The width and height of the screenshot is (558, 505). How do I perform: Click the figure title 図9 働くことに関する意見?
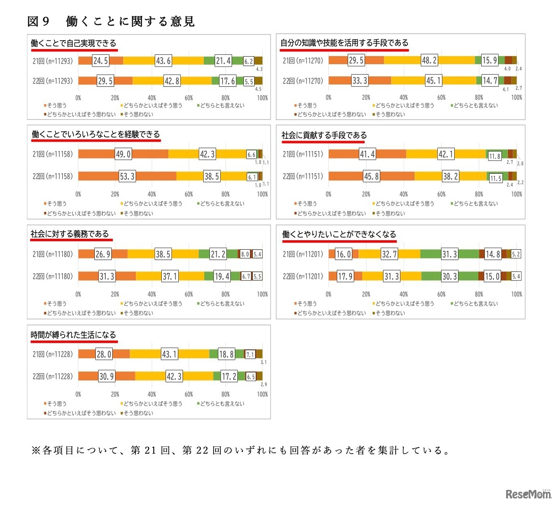[111, 21]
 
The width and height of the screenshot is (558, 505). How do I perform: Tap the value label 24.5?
[100, 61]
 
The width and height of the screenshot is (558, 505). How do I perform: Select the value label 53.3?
[127, 177]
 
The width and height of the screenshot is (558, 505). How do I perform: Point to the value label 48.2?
[429, 60]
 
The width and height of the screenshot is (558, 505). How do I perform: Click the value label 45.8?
[371, 177]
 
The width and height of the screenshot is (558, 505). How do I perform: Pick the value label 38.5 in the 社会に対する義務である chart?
[163, 254]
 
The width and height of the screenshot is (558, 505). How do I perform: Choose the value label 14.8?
[492, 254]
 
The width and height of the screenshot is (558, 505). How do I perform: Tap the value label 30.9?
[106, 377]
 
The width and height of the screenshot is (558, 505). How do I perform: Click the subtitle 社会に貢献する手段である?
[324, 135]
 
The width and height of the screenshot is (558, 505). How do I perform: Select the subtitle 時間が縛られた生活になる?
[73, 335]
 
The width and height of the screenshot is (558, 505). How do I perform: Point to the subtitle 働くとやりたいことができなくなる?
[339, 235]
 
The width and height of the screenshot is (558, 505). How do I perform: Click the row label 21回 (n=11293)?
[52, 61]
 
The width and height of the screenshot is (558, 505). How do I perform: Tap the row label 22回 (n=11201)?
[303, 277]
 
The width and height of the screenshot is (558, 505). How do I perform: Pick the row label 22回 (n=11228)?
[52, 377]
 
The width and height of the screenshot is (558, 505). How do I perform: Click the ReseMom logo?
[529, 494]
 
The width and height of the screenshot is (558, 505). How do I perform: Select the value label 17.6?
[227, 81]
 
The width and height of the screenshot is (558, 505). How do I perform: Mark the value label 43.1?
[169, 354]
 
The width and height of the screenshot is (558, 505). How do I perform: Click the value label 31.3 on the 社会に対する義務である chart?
[107, 277]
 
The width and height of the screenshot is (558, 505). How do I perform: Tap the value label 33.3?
[360, 81]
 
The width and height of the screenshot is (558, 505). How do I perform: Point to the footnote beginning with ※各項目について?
[241, 450]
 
